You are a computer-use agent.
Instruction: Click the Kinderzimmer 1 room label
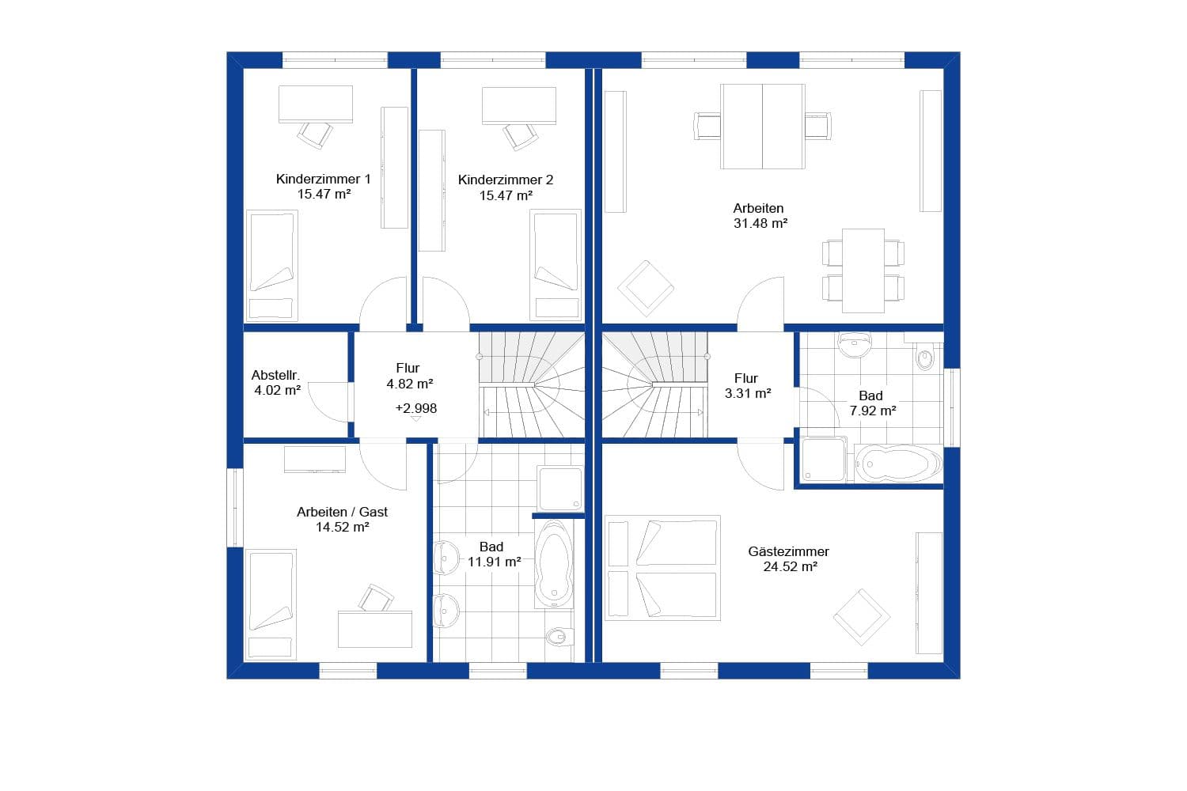(323, 179)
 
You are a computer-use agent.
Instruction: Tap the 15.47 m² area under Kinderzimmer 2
(506, 195)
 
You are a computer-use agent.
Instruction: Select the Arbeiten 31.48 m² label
(759, 216)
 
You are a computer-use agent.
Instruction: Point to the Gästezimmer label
(788, 551)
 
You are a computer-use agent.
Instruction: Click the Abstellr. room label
(275, 375)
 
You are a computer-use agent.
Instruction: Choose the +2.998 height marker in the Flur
(416, 408)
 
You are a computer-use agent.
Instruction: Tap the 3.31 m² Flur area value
(748, 393)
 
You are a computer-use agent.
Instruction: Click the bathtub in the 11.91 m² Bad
(553, 564)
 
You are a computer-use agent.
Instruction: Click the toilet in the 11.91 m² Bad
(559, 635)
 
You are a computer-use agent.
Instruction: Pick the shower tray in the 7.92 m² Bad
(824, 460)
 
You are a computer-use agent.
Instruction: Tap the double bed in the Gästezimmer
(663, 567)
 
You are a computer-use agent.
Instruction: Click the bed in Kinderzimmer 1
(271, 265)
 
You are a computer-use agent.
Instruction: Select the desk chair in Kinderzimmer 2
(520, 135)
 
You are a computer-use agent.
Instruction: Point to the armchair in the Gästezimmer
(861, 616)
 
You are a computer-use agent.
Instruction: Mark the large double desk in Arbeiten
(762, 127)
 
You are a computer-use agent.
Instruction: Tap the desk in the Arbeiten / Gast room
(375, 629)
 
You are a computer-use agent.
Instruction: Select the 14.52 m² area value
(342, 527)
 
